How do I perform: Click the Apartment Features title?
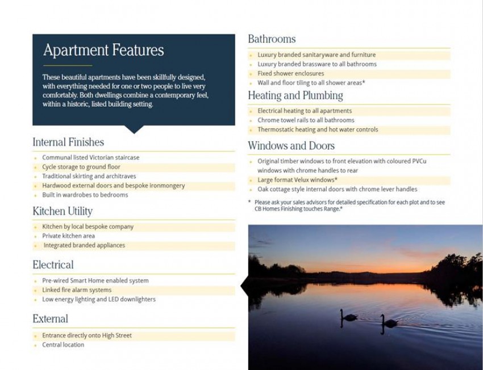coord(103,51)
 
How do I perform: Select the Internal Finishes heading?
coord(68,142)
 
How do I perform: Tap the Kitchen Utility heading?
coord(63,212)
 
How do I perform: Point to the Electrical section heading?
coord(53,265)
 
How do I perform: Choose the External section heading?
coord(50,319)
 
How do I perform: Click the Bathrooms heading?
coord(272,39)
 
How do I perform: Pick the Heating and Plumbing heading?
coord(295,95)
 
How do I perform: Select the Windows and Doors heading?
coord(291,146)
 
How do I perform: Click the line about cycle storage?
coord(81,167)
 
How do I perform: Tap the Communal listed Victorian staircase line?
coord(90,158)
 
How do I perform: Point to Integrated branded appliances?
coord(84,246)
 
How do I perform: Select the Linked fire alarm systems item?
coord(77,290)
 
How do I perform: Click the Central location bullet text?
coord(63,345)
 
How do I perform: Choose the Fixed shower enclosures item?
coord(290,74)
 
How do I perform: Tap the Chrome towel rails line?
coord(306,120)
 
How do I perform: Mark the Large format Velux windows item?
coord(297,180)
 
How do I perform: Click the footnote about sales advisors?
coord(349,205)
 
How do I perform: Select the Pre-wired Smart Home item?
coord(95,281)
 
